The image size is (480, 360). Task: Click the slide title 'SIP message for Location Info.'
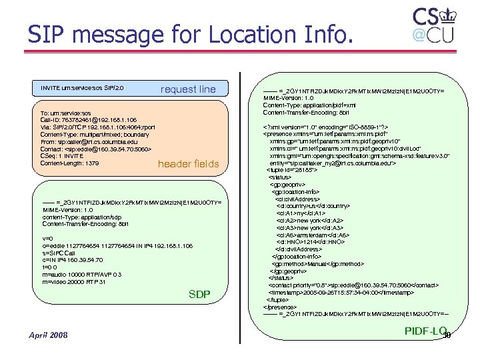coord(189,35)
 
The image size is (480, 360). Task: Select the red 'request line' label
coord(188,89)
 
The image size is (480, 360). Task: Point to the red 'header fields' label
coord(188,164)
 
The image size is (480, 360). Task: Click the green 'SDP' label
coord(199,294)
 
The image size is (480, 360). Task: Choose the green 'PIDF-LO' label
coord(425,331)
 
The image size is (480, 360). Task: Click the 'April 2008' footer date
coord(48,334)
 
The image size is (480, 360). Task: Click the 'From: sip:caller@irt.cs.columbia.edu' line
coord(89,141)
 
